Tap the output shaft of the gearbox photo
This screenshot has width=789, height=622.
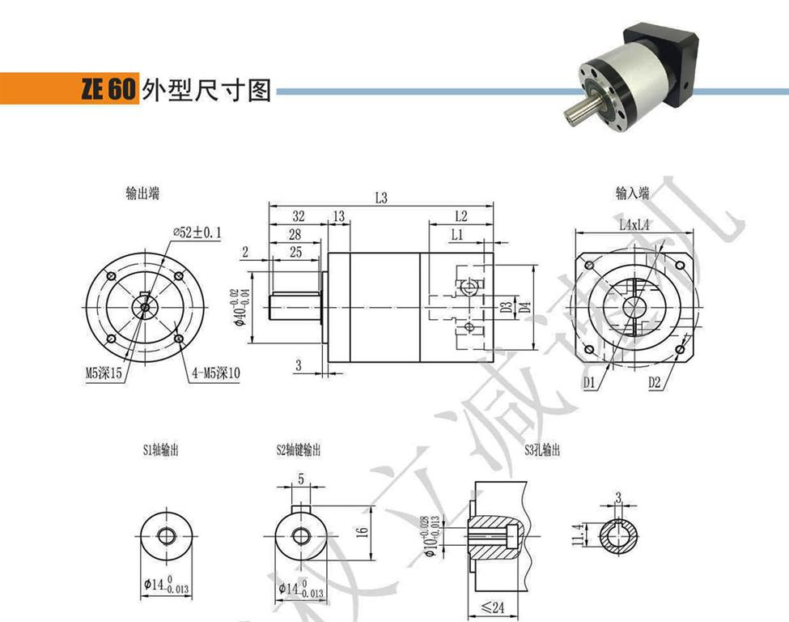point(575,112)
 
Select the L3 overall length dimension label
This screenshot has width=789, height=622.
point(381,197)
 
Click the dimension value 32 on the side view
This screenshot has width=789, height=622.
point(298,216)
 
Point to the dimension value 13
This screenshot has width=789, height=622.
point(337,216)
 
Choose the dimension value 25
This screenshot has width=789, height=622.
point(295,253)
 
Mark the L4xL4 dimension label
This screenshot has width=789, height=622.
point(635,225)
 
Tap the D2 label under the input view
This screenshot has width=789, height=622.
point(655,381)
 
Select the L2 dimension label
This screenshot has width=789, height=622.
point(461,216)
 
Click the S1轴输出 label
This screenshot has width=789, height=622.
point(160,450)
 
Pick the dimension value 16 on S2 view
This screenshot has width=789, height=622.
point(363,532)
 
